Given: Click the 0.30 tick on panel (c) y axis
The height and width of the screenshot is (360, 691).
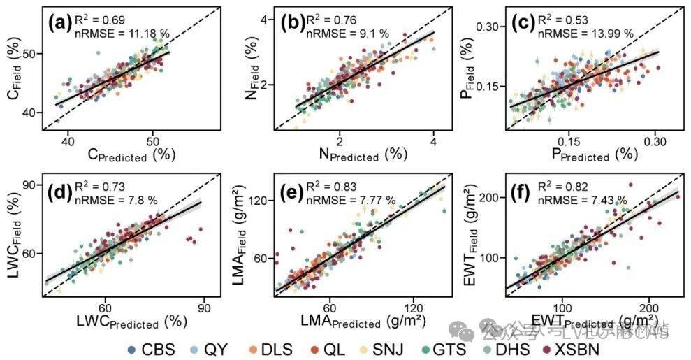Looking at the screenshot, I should click(x=490, y=27).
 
